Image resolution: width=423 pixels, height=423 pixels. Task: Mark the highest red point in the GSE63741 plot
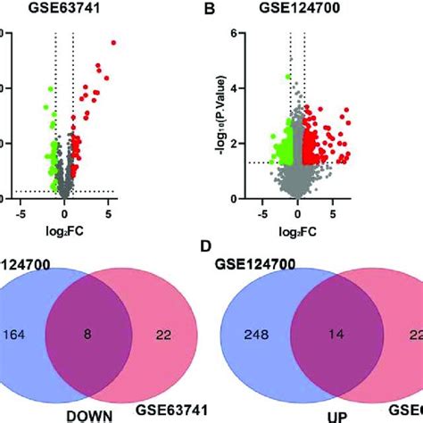point(113,43)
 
